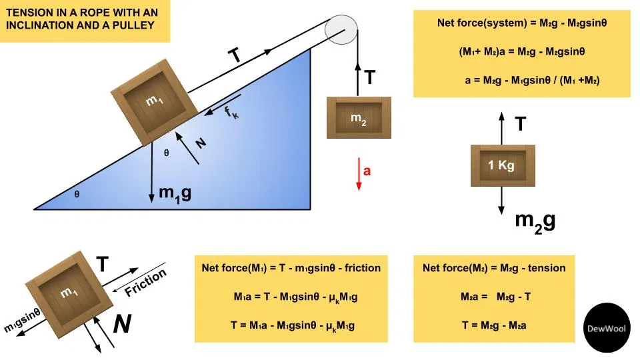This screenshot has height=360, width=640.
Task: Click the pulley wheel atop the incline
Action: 342,29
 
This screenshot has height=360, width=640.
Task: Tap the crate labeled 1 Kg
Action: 501,165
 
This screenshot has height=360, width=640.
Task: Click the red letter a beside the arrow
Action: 367,171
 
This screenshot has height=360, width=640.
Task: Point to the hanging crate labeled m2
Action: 359,117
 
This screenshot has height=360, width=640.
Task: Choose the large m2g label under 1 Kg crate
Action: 535,221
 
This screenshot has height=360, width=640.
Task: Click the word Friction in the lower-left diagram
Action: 145,283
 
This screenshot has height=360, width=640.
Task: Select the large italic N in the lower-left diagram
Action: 121,324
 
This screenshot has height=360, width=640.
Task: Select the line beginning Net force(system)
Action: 522,22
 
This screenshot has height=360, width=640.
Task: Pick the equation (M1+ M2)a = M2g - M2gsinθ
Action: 522,51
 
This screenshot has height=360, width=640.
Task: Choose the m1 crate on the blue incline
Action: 154,101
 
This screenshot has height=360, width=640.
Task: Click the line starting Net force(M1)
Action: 291,268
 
